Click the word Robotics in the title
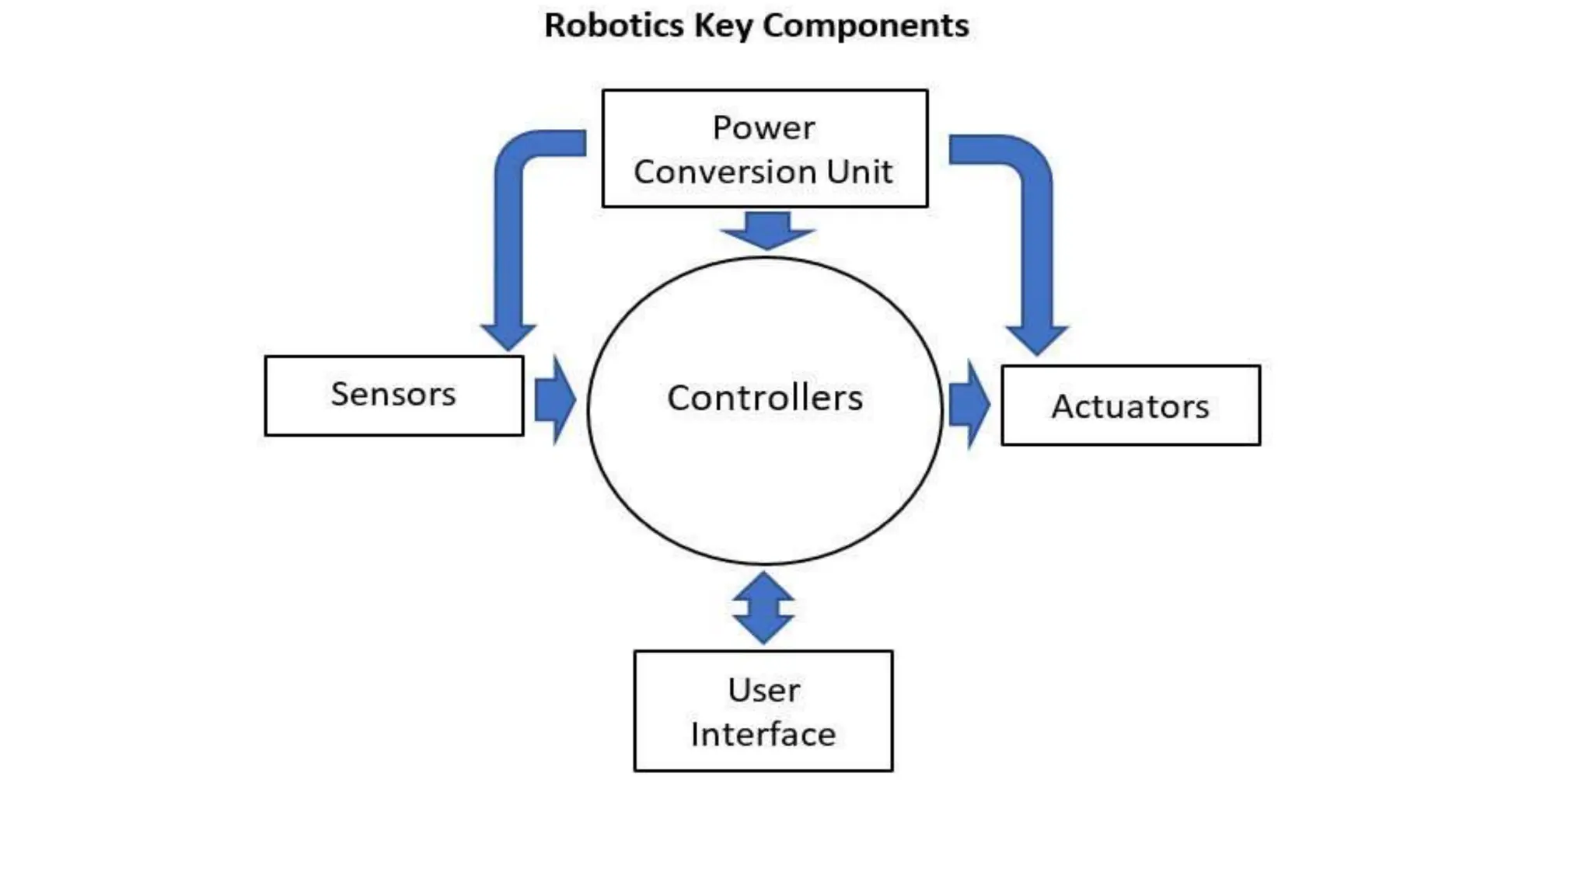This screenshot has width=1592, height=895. (x=613, y=26)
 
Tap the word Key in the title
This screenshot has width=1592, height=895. (x=723, y=26)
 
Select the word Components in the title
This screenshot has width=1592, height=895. (x=865, y=26)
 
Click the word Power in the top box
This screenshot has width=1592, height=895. (x=763, y=127)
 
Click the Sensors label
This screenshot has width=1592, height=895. (x=393, y=394)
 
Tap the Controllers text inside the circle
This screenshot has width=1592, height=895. (x=765, y=398)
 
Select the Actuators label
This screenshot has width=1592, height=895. (x=1129, y=406)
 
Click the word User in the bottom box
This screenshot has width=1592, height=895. (x=763, y=690)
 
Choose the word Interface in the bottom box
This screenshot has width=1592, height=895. (x=763, y=734)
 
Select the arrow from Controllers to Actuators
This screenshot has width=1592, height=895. (x=969, y=404)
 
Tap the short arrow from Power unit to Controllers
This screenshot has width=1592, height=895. (x=767, y=230)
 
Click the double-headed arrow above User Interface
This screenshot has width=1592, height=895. (x=763, y=608)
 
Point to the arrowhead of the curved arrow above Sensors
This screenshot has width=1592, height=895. (x=508, y=336)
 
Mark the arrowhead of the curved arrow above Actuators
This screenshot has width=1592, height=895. (x=1037, y=340)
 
